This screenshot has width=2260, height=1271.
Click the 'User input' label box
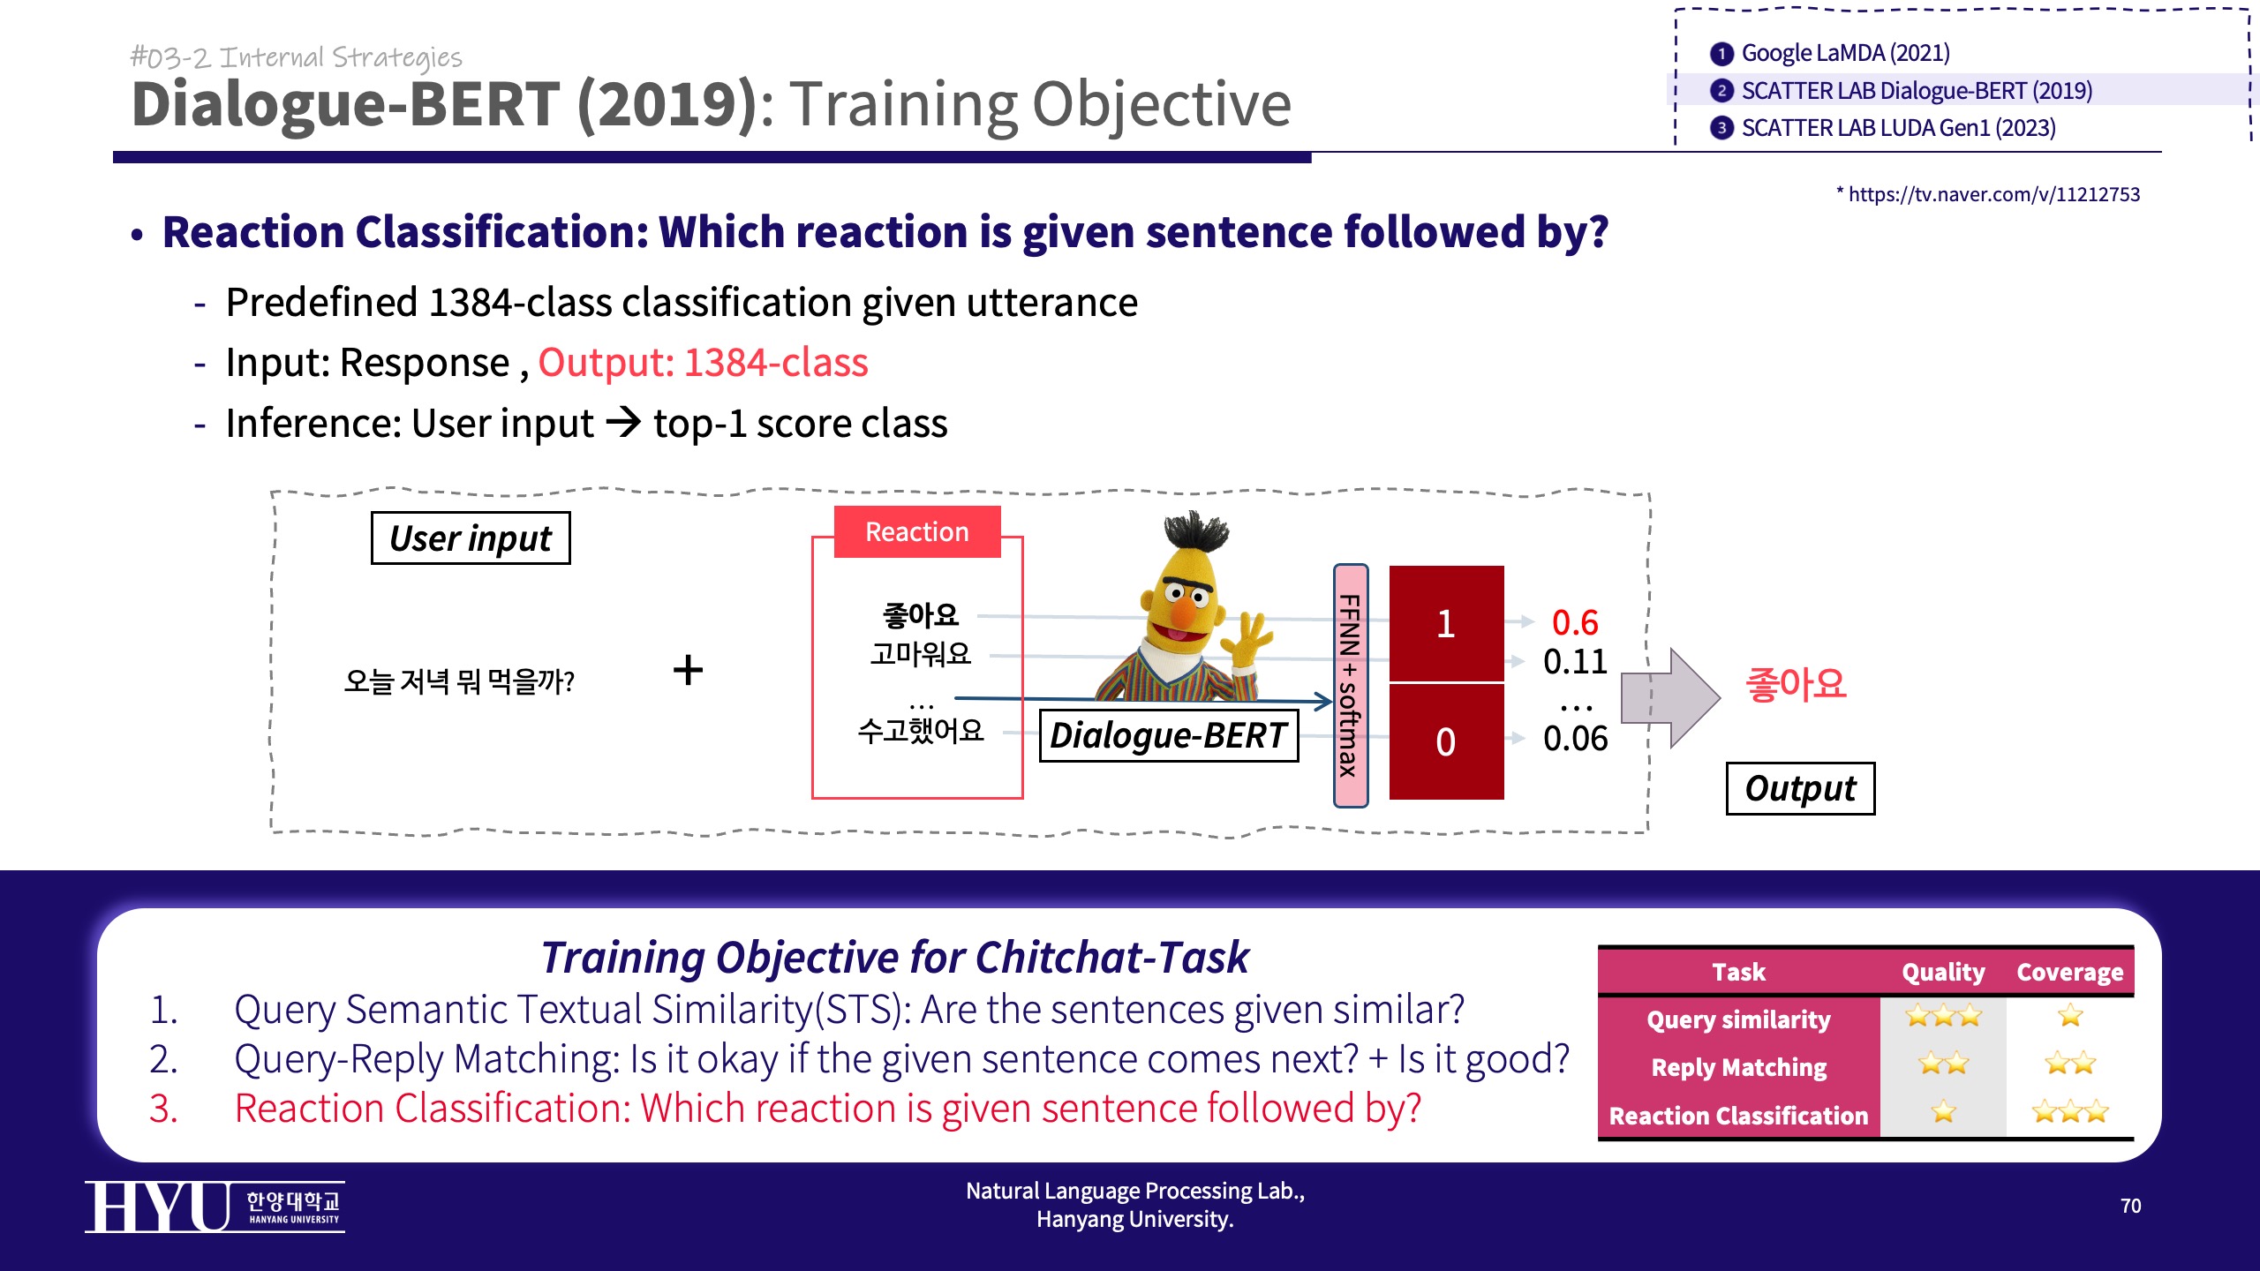tap(471, 538)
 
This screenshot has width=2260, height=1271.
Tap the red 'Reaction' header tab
tap(917, 531)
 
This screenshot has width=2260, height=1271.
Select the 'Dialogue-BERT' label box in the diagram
tap(1169, 735)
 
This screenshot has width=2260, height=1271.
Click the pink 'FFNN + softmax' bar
tap(1350, 686)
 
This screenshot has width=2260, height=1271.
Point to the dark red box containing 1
tap(1446, 623)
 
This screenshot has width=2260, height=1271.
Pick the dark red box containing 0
tap(1446, 741)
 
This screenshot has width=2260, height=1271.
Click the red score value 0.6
tap(1575, 623)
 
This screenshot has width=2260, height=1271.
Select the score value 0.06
tap(1575, 739)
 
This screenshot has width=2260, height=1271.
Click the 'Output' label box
tap(1800, 788)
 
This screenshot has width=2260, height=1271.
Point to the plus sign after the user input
tap(688, 670)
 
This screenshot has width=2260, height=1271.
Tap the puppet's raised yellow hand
tap(1248, 639)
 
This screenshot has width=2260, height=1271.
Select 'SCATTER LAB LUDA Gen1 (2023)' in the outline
tap(1883, 129)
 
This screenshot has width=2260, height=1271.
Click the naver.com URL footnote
tap(1988, 194)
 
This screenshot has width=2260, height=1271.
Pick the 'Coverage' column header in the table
tap(2069, 972)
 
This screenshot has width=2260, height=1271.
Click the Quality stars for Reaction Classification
tap(1943, 1112)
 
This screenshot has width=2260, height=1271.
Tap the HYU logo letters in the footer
tap(157, 1207)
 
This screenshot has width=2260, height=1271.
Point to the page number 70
tap(2130, 1206)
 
